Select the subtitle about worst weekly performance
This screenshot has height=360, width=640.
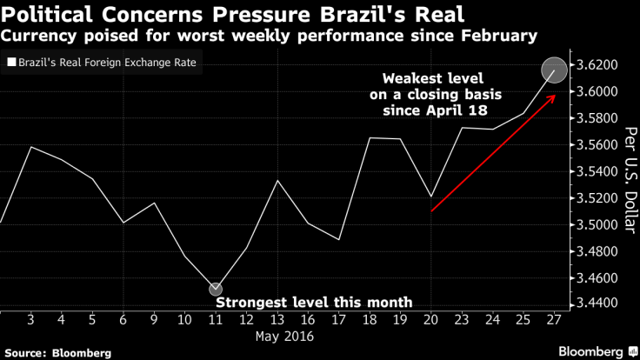(x=269, y=36)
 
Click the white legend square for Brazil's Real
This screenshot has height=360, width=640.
(x=10, y=63)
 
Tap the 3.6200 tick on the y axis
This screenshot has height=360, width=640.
(x=601, y=65)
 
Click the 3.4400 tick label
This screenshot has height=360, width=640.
(x=601, y=303)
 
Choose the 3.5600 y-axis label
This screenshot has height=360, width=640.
(x=601, y=145)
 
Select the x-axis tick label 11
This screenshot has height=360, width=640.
(x=216, y=319)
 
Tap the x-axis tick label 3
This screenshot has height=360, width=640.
(x=31, y=319)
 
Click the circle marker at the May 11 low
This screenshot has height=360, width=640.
(x=216, y=290)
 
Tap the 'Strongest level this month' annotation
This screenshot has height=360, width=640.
(x=313, y=303)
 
